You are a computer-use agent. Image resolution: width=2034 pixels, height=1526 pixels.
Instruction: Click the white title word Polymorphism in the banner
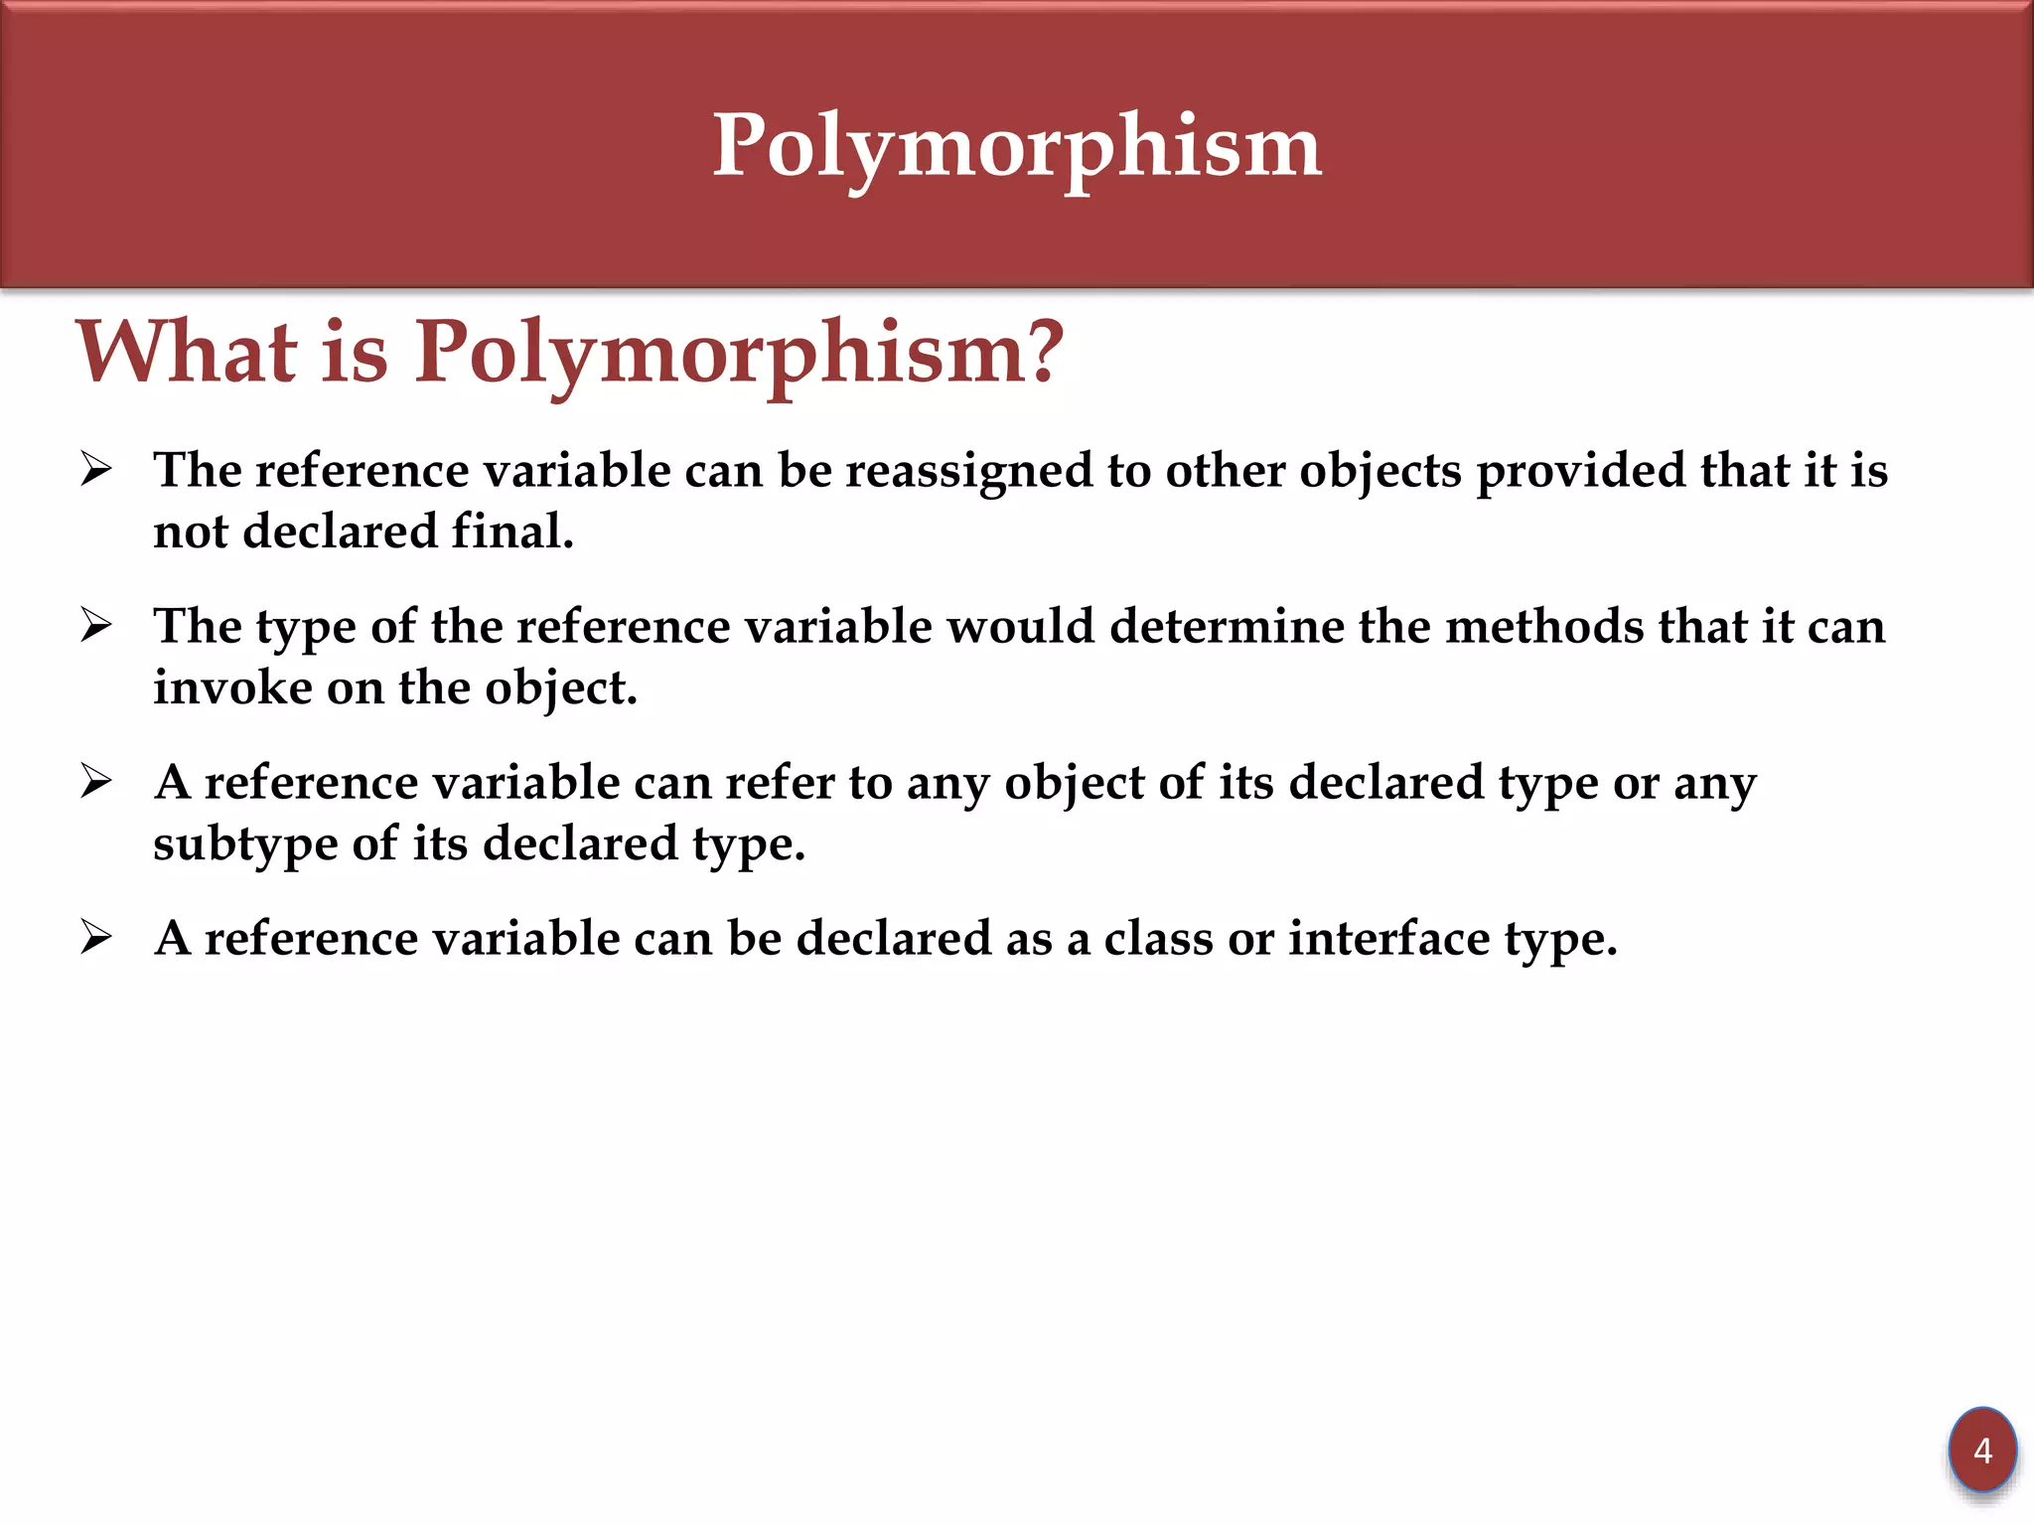point(1017,147)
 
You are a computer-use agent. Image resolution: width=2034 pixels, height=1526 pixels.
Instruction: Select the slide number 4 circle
point(1981,1450)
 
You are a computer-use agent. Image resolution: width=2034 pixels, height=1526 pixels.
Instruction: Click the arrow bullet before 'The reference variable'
point(96,469)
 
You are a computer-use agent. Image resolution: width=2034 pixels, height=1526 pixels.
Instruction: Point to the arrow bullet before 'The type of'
point(96,626)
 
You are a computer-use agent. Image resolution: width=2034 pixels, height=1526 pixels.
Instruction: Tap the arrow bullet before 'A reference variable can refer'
point(96,782)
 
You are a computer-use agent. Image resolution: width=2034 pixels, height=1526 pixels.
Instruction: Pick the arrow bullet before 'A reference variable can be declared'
point(96,937)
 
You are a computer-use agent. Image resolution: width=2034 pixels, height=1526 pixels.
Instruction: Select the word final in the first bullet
point(511,532)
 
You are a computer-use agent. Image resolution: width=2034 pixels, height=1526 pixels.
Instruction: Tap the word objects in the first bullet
point(1380,472)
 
